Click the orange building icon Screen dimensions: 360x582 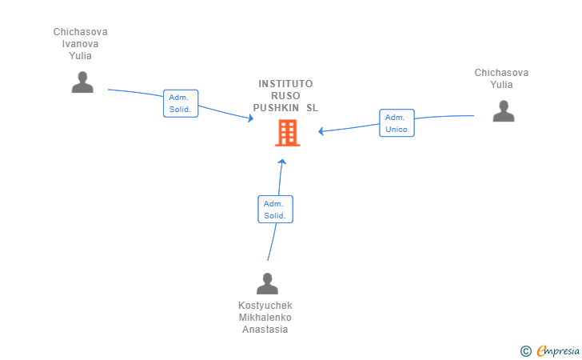(287, 133)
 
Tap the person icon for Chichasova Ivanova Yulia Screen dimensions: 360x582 (82, 82)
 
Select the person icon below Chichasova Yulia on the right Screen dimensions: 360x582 (503, 111)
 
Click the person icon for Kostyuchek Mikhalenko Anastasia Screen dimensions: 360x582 (267, 283)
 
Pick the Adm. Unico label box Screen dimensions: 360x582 (397, 122)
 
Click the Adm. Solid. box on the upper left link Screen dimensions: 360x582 (180, 103)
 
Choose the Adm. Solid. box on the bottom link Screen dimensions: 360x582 (276, 209)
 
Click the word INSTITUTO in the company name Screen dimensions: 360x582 (285, 84)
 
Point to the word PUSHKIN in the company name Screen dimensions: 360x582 (276, 107)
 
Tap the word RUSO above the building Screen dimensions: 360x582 (285, 95)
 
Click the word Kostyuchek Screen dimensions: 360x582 (265, 306)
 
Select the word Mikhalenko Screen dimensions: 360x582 (265, 318)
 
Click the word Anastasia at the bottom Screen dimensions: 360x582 (265, 330)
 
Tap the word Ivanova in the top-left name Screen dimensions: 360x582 (81, 44)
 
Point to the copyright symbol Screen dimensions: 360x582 (525, 350)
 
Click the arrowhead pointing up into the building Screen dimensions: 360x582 (281, 162)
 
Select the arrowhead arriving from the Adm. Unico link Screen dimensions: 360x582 (321, 131)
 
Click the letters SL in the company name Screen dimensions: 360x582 (312, 107)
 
